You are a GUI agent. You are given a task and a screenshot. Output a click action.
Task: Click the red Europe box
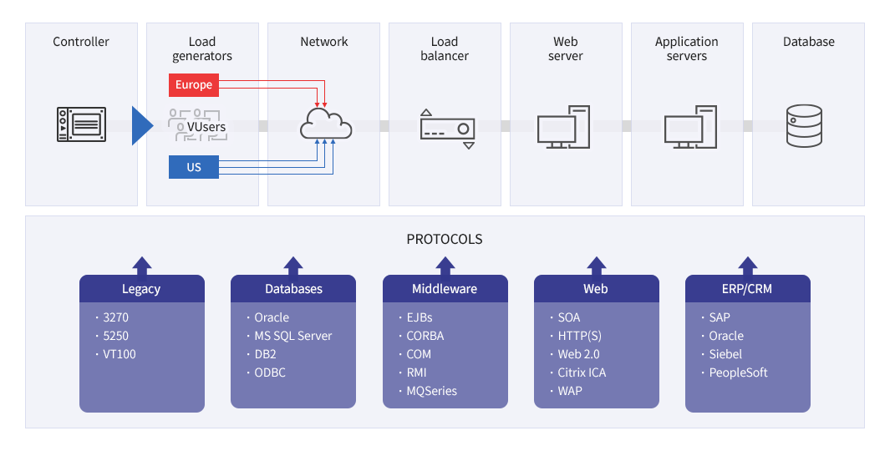[x=194, y=84]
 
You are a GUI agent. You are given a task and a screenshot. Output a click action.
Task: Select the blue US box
[x=194, y=167]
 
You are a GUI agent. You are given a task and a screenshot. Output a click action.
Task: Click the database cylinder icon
[x=804, y=126]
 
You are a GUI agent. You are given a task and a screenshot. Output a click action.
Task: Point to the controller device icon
[x=81, y=124]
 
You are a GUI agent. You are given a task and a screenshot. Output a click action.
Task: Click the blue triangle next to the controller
[x=142, y=125]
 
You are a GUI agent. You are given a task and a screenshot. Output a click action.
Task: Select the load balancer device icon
[x=447, y=129]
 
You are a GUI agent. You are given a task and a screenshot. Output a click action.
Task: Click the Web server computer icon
[x=563, y=127]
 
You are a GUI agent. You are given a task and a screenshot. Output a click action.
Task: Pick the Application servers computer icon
[x=690, y=127]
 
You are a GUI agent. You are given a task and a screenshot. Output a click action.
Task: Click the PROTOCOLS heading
[x=445, y=239]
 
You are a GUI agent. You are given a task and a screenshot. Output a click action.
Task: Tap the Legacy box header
[x=142, y=289]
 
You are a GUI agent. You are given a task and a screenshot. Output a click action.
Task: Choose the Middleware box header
[x=445, y=289]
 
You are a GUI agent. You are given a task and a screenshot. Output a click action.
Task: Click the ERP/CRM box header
[x=748, y=289]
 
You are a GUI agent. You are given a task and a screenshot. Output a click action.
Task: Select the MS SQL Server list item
[x=292, y=336]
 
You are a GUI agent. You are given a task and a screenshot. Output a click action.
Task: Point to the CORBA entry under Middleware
[x=425, y=336]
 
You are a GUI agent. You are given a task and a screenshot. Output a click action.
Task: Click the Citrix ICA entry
[x=582, y=372]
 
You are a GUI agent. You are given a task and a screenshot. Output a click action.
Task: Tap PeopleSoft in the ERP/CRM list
[x=738, y=372]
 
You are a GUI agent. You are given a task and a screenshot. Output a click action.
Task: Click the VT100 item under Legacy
[x=120, y=354]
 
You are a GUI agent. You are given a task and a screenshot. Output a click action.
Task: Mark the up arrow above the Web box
[x=597, y=266]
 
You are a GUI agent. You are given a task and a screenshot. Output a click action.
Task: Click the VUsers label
[x=206, y=127]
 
